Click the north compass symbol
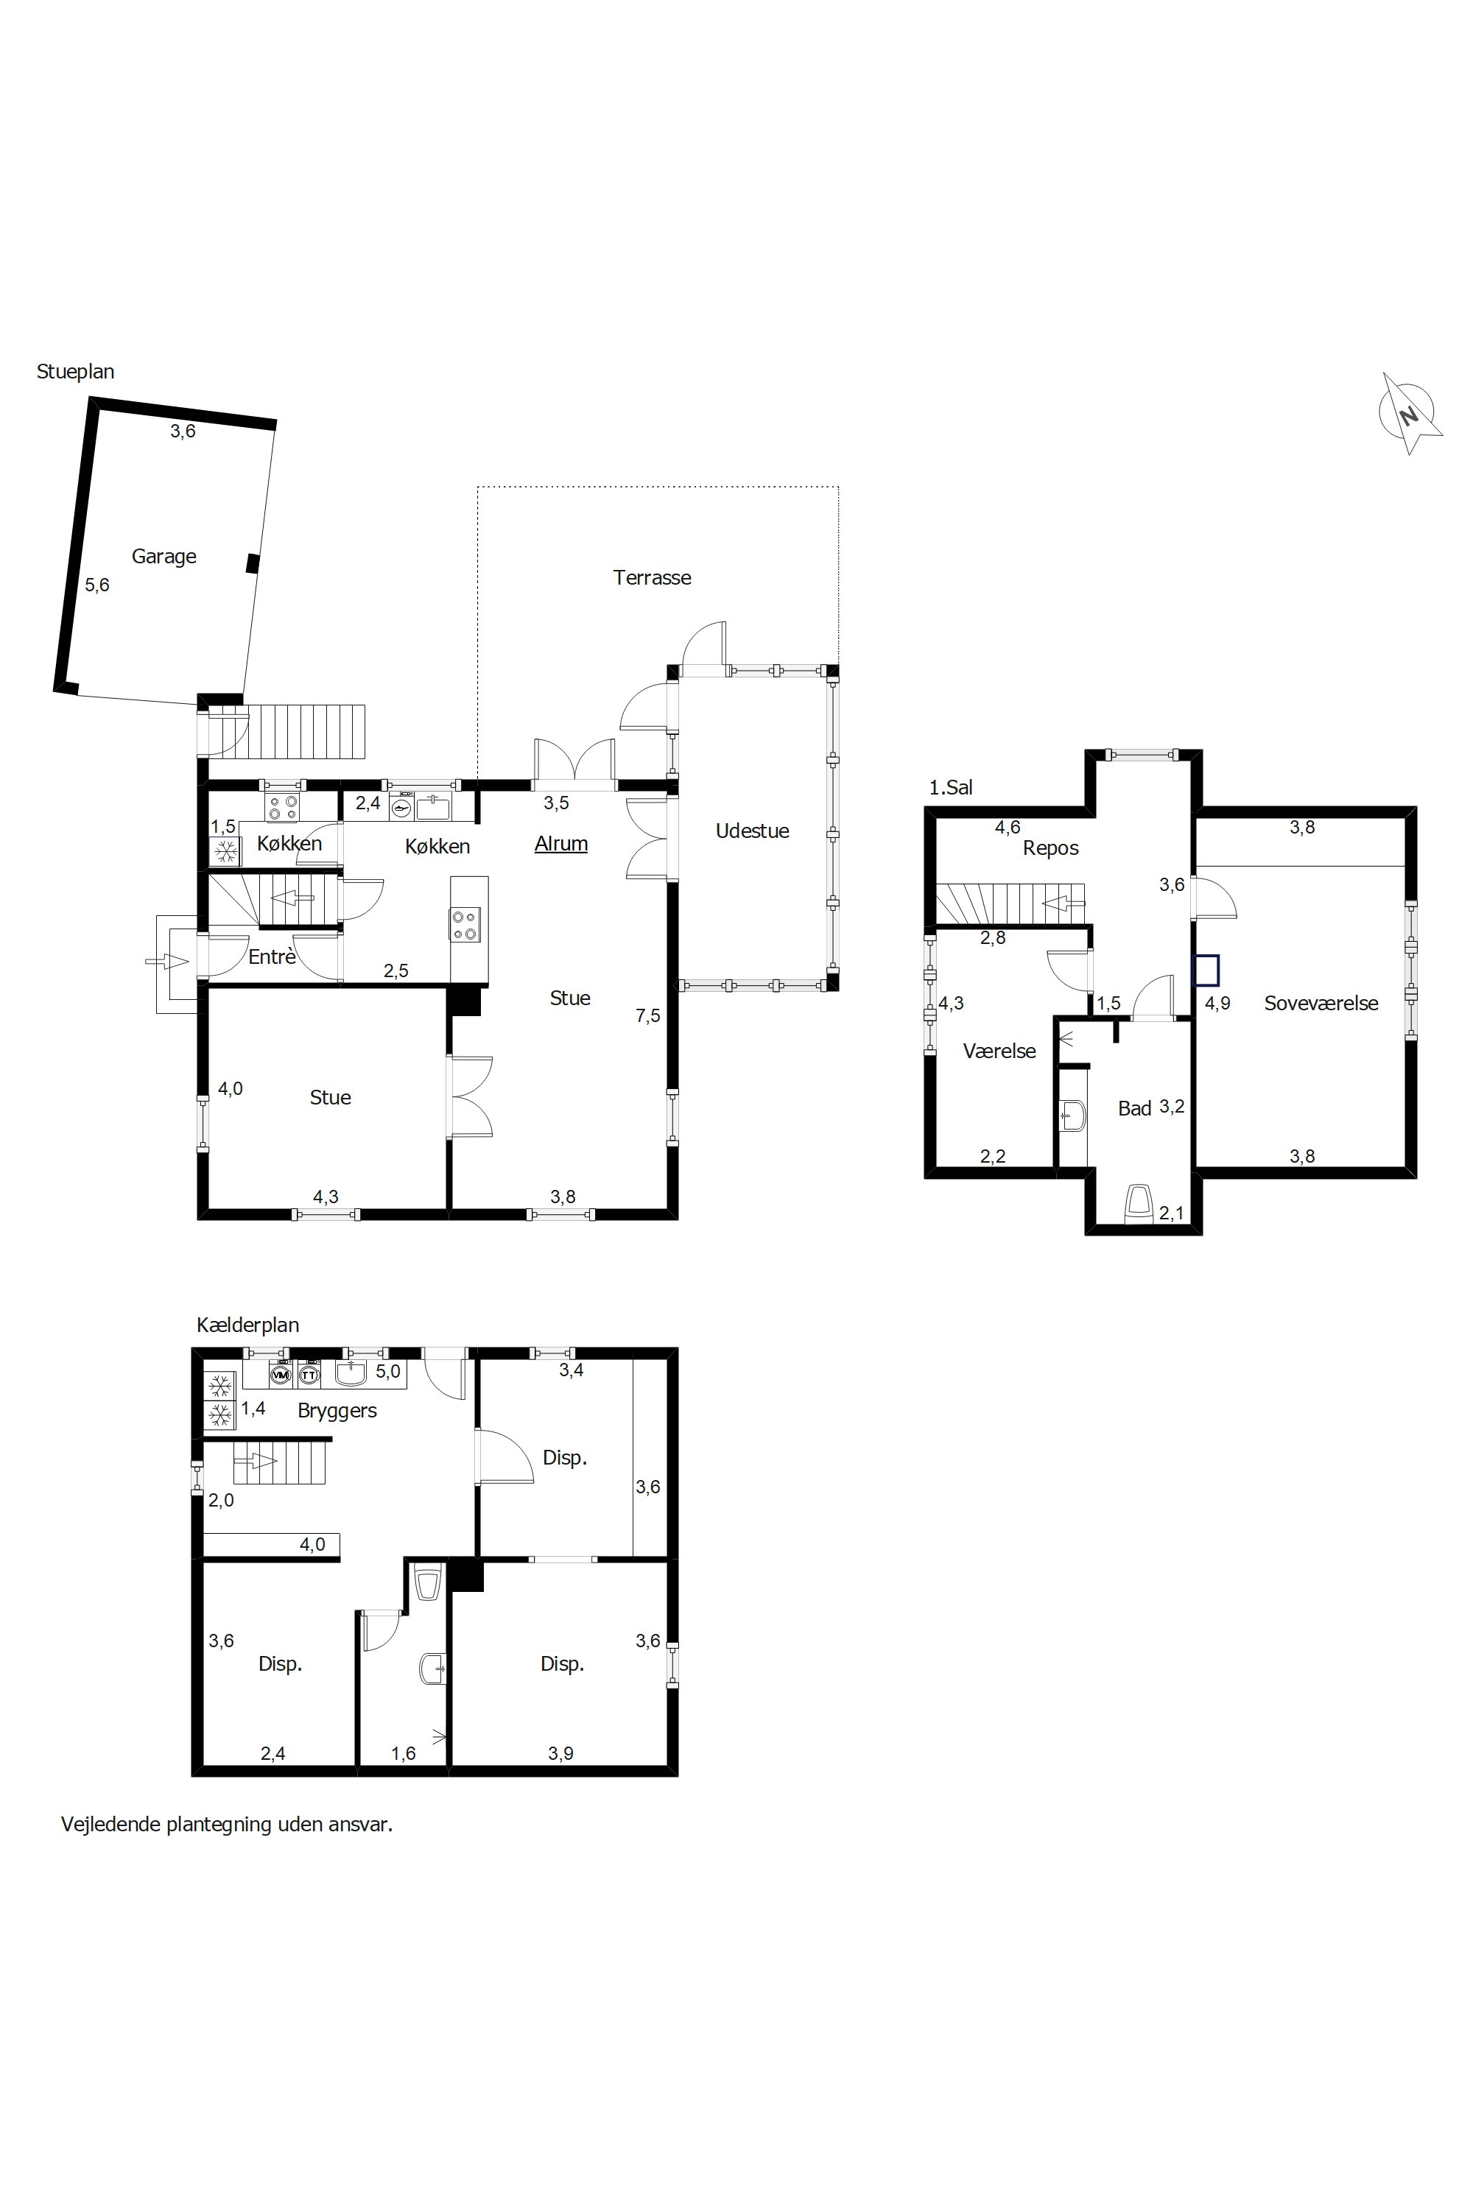coord(1409,413)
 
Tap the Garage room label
coord(164,556)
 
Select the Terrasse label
coord(652,577)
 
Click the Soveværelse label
coord(1321,1003)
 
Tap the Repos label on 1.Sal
coord(1050,848)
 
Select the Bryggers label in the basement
coord(337,1411)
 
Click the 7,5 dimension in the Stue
coord(647,1015)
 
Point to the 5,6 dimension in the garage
coord(96,585)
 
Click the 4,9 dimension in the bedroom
coord(1217,1003)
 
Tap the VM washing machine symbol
coord(280,1375)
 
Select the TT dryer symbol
coord(308,1375)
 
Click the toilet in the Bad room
coord(1139,1204)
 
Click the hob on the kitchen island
coord(465,923)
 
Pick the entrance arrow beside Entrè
coord(167,961)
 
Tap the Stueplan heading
coord(75,371)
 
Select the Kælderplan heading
coord(248,1325)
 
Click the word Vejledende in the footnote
coord(111,1824)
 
